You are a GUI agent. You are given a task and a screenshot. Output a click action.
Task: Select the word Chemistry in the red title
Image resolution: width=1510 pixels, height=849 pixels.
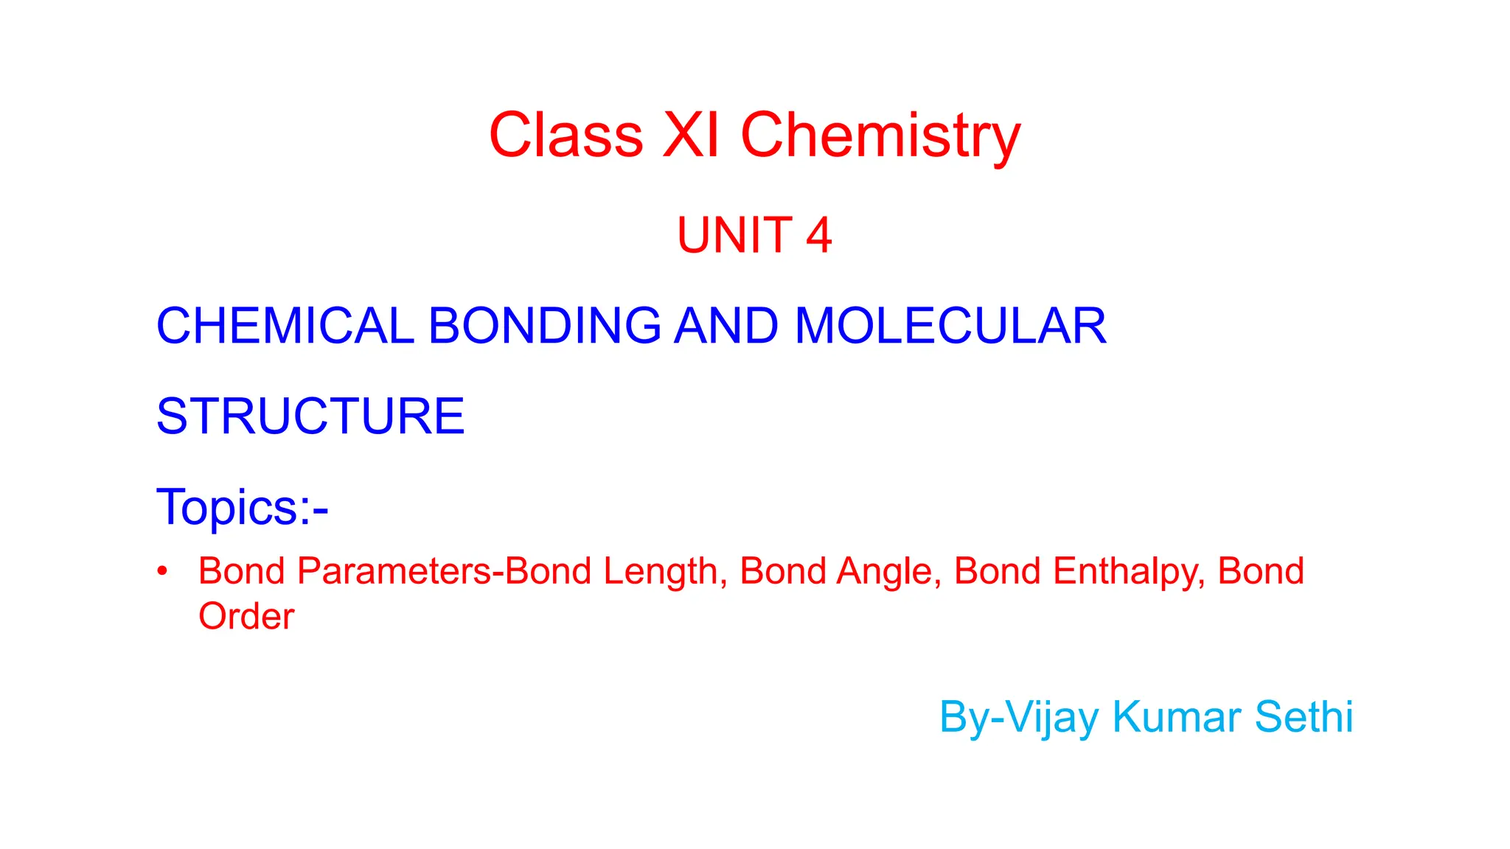pyautogui.click(x=880, y=136)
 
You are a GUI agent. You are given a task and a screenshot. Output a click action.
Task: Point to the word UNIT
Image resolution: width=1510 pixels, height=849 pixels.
pyautogui.click(x=734, y=236)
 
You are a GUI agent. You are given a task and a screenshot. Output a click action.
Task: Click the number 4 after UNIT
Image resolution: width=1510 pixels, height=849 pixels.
pyautogui.click(x=818, y=236)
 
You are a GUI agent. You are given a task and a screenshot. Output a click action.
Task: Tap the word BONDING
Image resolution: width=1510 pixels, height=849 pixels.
pyautogui.click(x=544, y=326)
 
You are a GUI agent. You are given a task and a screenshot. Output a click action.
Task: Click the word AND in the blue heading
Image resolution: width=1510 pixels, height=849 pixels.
pyautogui.click(x=726, y=326)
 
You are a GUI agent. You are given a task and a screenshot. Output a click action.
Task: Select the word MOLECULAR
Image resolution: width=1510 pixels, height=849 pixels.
pyautogui.click(x=950, y=326)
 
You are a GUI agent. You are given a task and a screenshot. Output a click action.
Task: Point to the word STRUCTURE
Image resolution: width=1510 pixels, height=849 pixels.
pyautogui.click(x=310, y=416)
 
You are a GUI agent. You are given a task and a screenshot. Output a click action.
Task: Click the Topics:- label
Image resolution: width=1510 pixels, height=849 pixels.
pyautogui.click(x=242, y=507)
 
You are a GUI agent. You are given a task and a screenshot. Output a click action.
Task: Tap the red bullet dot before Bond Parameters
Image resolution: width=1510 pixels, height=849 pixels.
pyautogui.click(x=163, y=571)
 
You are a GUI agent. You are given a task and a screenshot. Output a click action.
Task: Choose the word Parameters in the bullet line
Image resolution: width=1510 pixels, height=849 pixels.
pyautogui.click(x=394, y=571)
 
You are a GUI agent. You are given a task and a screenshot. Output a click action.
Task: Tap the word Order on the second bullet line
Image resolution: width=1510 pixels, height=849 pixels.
pyautogui.click(x=246, y=616)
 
